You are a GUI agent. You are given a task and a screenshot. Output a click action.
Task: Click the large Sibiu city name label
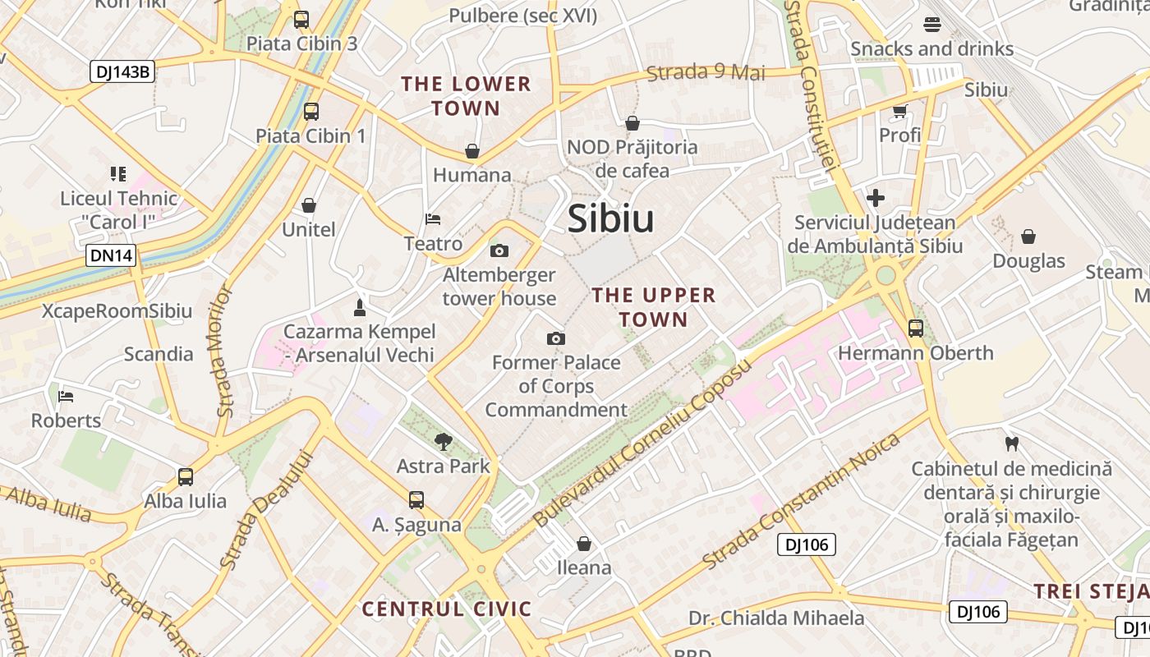coord(610,219)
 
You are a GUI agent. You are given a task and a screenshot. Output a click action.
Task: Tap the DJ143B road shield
coord(122,71)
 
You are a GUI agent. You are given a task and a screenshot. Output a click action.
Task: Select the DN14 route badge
coord(111,255)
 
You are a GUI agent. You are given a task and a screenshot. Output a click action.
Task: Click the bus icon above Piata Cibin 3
coord(301,20)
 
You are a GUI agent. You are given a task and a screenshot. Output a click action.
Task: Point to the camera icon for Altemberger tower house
coord(499,250)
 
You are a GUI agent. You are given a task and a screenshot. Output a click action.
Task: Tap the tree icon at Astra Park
coord(443,442)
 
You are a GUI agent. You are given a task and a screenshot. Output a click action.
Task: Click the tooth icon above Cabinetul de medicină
coord(1011,444)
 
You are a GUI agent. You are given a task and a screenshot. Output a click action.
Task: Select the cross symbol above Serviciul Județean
coord(875,198)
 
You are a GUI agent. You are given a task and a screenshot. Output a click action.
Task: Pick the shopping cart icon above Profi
coord(899,111)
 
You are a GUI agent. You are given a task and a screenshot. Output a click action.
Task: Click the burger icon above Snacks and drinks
coord(931,25)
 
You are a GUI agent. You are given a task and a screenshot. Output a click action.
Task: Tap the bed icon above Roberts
coord(66,397)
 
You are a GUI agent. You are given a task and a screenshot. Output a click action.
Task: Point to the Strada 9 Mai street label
coord(706,72)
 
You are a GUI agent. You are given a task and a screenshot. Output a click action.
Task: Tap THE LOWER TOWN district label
coord(466,96)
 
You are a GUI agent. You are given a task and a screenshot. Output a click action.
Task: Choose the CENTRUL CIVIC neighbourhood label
coord(447,609)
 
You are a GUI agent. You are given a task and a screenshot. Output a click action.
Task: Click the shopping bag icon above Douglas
coord(1028,237)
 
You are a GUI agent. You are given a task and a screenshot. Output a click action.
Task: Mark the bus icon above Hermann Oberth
coord(915,328)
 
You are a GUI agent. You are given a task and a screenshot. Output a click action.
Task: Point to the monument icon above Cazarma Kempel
coord(358,308)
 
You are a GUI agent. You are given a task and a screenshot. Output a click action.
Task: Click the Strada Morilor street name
coord(223,350)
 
